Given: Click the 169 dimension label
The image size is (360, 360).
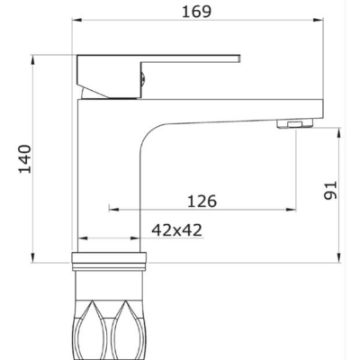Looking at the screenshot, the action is [x=197, y=12].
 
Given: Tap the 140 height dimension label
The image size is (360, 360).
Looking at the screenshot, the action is [x=25, y=159].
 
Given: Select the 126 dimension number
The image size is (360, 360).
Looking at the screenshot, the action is [x=202, y=201].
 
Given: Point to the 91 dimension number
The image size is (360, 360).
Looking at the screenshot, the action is [x=330, y=191].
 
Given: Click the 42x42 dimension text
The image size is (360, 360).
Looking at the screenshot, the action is [x=176, y=230].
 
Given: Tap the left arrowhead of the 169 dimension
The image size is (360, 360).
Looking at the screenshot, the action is [x=76, y=20].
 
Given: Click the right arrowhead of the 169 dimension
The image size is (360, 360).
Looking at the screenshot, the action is [x=318, y=20].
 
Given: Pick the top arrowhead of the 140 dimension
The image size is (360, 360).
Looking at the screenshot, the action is [x=32, y=60].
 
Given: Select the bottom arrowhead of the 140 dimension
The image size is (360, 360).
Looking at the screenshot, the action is [x=32, y=257].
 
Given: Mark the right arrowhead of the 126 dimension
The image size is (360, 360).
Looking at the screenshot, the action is [x=291, y=209].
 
